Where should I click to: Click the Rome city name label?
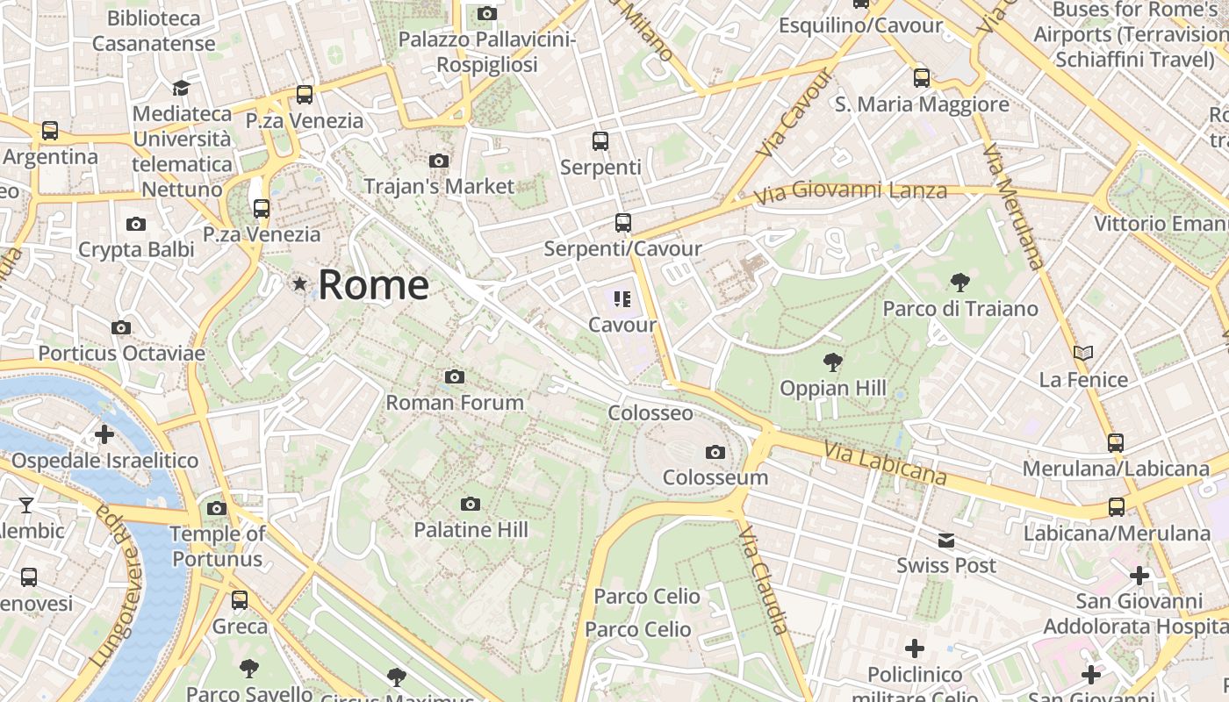click(373, 285)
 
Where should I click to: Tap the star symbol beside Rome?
click(300, 283)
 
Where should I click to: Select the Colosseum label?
click(715, 477)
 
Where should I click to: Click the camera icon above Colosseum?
click(715, 453)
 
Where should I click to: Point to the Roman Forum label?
click(455, 403)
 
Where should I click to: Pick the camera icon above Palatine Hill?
click(471, 504)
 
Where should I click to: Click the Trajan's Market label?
click(438, 186)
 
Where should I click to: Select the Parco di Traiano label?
click(959, 309)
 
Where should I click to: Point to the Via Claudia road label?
click(765, 580)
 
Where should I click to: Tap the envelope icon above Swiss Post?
click(945, 541)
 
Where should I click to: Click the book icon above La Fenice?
click(1083, 354)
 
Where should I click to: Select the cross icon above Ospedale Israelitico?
click(104, 434)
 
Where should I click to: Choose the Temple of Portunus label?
click(217, 546)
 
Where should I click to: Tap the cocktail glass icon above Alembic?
click(26, 505)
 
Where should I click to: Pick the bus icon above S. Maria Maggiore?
click(921, 78)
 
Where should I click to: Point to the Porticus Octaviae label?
click(121, 354)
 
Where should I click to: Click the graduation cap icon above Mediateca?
click(181, 88)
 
